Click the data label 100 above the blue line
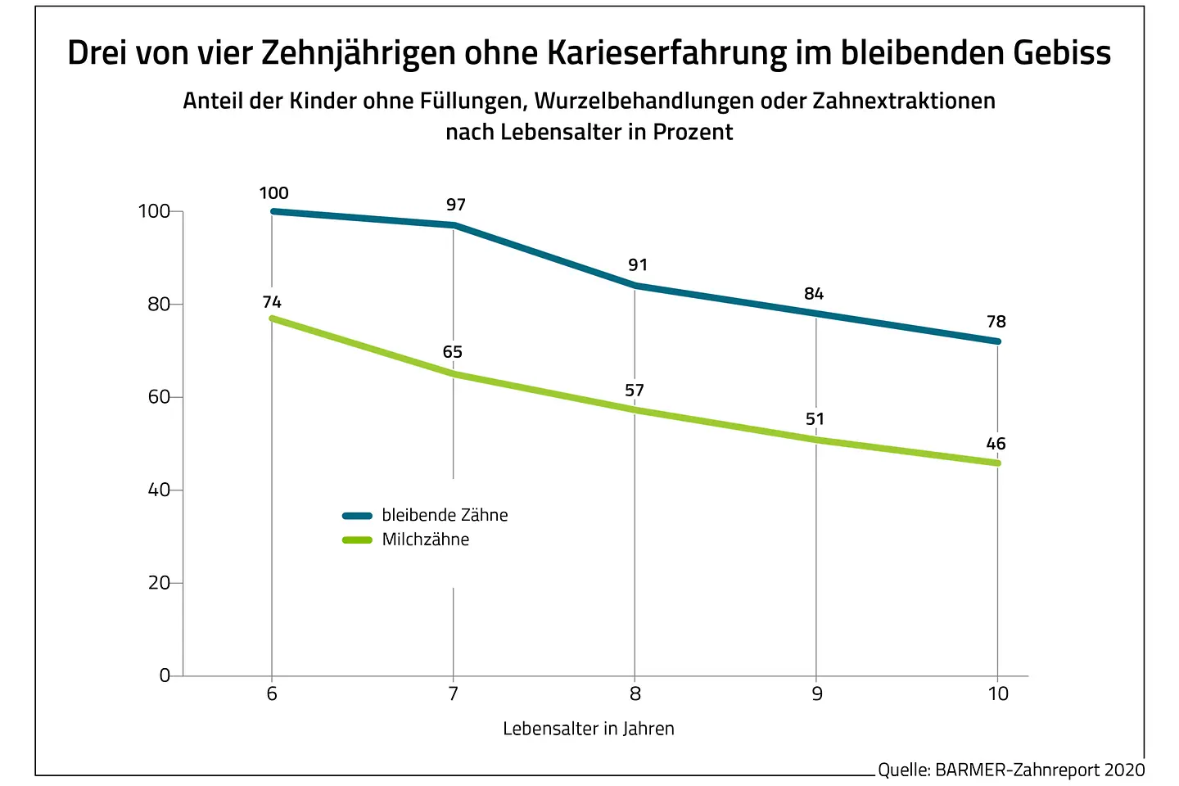point(273,193)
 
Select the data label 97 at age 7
point(456,205)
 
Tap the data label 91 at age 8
point(638,265)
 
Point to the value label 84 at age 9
point(814,294)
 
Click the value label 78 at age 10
point(996,322)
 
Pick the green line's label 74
point(272,303)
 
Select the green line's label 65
point(453,352)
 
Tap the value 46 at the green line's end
point(996,444)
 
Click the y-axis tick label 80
point(159,305)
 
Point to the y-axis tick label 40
point(159,490)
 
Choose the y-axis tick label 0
point(165,675)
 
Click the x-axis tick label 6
point(272,694)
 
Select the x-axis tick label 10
point(998,694)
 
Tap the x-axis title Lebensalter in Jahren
point(589,729)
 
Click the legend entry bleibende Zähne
point(445,515)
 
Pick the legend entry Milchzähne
point(426,540)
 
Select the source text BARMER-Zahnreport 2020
point(1040,770)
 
